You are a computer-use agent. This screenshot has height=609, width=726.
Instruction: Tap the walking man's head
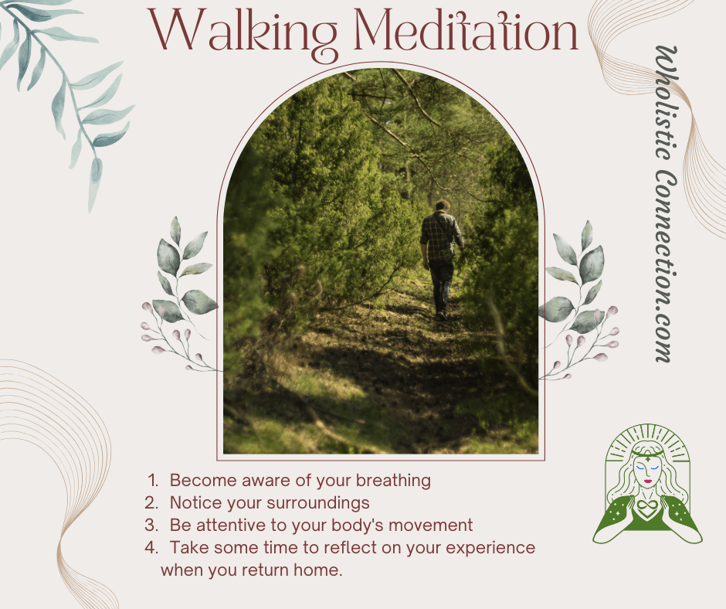coord(443,206)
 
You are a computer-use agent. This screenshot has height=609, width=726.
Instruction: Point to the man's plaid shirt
coord(441,236)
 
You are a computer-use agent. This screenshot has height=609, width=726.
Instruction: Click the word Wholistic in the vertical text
coord(666,103)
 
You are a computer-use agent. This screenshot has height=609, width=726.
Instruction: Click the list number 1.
coord(153,481)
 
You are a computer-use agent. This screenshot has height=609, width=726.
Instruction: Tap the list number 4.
coord(151,548)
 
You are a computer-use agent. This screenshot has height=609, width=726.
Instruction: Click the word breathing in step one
coord(393,481)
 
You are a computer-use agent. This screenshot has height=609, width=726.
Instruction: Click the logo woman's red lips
coord(647,481)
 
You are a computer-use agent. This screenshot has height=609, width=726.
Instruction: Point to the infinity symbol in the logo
coord(647,505)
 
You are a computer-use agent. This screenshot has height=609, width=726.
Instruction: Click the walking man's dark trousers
coord(441,286)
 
